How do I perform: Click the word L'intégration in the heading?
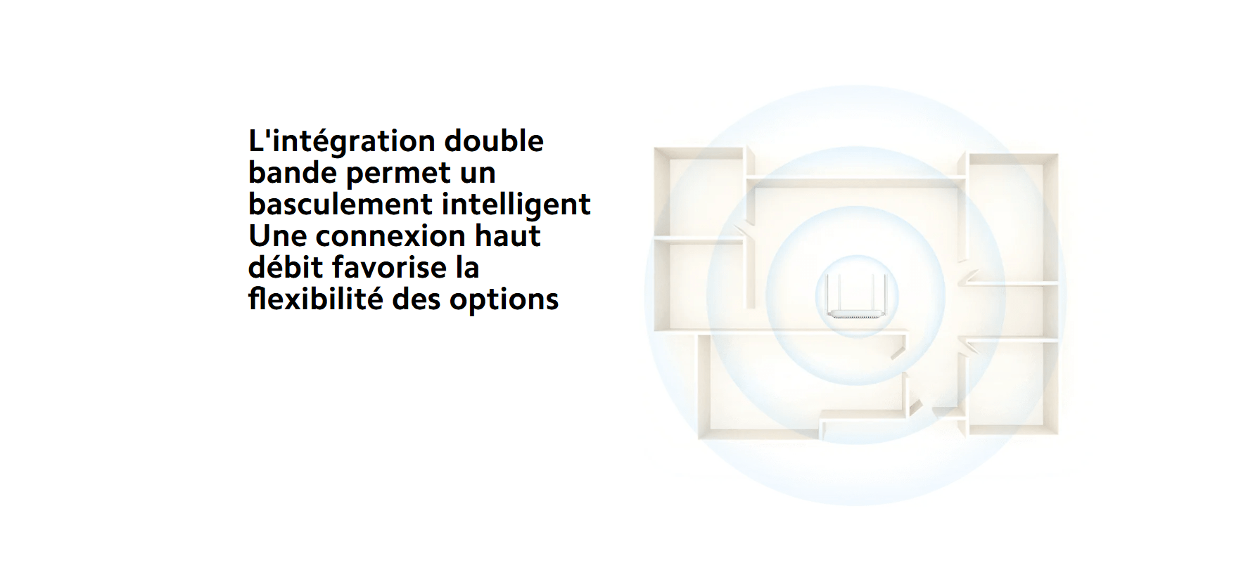[x=342, y=142]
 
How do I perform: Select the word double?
[x=494, y=141]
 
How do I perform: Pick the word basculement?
[x=341, y=204]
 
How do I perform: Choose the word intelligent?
[x=516, y=205]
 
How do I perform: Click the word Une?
[x=277, y=236]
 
